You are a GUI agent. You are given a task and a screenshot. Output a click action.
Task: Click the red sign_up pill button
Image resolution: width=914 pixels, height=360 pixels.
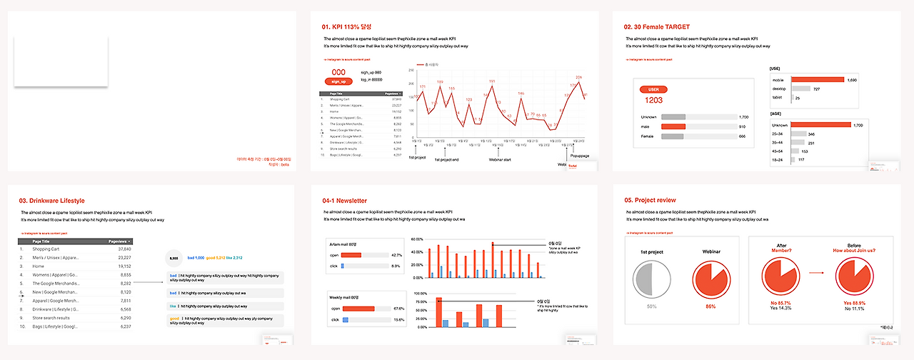[x=338, y=81]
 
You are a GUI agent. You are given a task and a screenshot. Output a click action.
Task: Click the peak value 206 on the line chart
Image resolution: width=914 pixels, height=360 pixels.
[x=579, y=77]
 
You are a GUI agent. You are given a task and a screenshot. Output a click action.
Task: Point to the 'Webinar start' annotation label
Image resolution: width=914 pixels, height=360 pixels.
[x=500, y=159]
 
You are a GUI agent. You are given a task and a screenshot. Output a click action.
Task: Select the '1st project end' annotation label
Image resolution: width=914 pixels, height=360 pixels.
[x=446, y=159]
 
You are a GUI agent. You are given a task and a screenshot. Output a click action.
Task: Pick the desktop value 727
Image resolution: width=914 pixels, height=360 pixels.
[x=816, y=89]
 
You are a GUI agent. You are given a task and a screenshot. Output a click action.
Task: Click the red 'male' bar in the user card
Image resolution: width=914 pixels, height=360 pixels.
[x=673, y=126]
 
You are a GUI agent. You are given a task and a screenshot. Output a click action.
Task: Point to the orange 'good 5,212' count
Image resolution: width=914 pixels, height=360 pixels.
[x=216, y=258]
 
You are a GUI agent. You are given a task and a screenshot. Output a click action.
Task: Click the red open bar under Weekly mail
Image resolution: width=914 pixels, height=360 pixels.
[x=358, y=309]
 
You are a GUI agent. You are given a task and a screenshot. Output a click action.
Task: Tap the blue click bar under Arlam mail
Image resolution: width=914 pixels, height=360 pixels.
[x=343, y=266]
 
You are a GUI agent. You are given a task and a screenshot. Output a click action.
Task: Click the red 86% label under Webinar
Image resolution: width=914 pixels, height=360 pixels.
[x=710, y=306]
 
